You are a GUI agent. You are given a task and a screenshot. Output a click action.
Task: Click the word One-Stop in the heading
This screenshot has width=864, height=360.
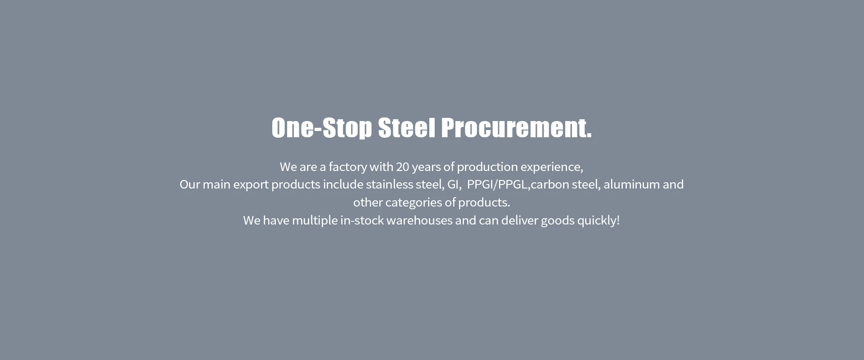tap(322, 128)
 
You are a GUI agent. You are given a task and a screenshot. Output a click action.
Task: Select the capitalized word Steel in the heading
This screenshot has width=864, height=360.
tap(407, 128)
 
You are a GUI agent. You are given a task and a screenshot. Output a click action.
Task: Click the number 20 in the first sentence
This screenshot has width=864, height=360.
tap(402, 167)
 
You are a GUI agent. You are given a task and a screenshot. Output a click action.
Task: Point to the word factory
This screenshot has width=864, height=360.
tap(348, 167)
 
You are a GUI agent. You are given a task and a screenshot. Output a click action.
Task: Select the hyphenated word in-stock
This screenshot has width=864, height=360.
tap(362, 220)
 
